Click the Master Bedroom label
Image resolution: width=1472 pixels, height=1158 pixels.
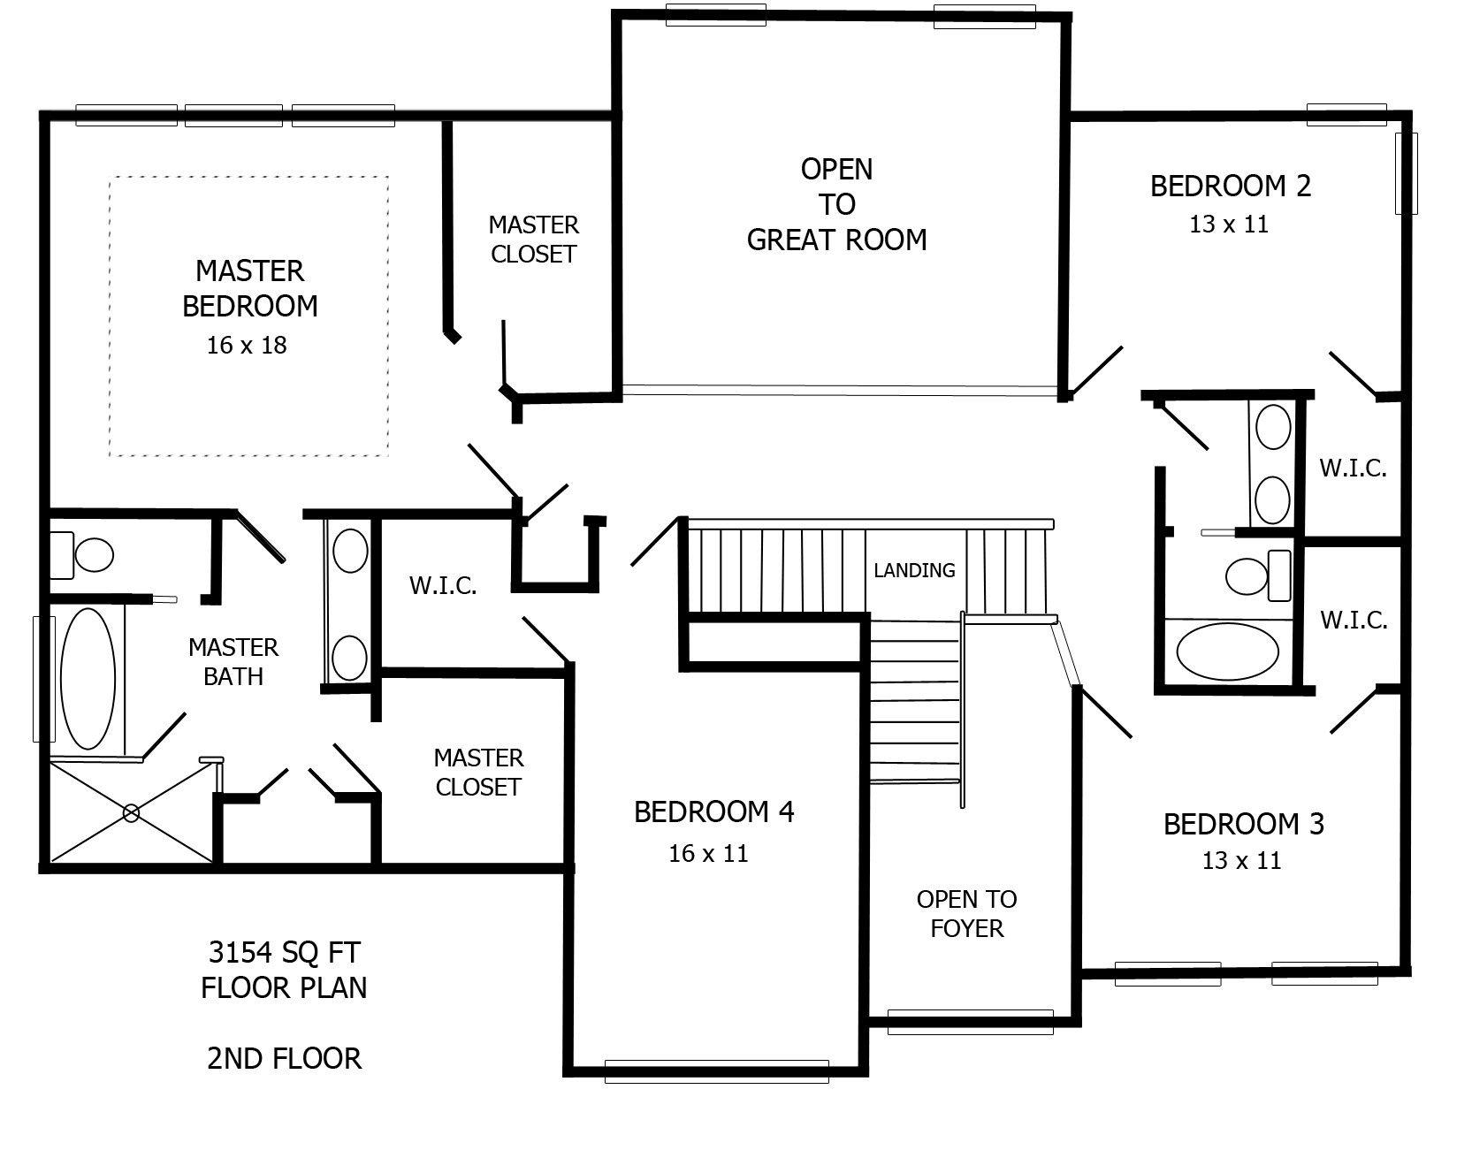pos(250,288)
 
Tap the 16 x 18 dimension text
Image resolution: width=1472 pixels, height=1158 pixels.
pos(247,346)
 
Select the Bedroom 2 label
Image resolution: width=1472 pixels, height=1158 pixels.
pos(1230,187)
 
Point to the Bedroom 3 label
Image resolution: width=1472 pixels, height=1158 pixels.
pos(1243,825)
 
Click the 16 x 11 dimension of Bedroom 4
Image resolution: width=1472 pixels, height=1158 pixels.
pos(708,854)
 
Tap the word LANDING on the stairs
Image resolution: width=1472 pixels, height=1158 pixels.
pos(914,571)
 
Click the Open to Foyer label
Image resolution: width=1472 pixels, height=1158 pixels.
pos(966,914)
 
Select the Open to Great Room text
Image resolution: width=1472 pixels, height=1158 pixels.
pos(836,204)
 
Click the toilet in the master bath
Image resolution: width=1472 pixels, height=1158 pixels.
pos(81,554)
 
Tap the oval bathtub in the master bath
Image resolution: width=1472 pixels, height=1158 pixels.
pos(87,679)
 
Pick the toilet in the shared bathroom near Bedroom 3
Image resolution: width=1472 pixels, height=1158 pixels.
pos(1258,575)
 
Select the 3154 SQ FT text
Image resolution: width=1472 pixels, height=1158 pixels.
pos(284,953)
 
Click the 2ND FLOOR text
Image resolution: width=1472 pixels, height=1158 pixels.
pos(284,1059)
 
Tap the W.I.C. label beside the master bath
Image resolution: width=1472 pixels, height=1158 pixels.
pos(443,585)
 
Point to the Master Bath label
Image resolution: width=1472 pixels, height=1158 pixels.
pos(233,662)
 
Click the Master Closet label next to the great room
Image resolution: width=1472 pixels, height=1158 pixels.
pos(533,240)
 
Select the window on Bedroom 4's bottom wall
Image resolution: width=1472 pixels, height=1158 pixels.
pos(716,1070)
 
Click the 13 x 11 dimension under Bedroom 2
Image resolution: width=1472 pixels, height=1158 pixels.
pos(1229,225)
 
